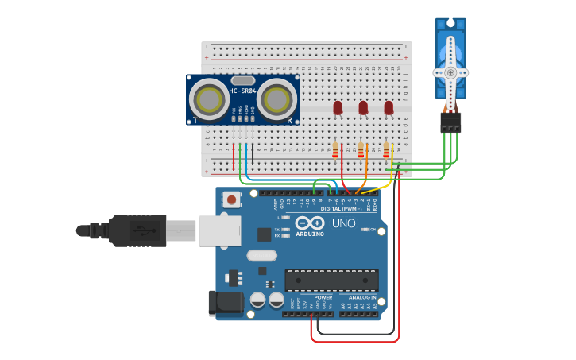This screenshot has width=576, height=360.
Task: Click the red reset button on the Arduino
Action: click(x=231, y=199)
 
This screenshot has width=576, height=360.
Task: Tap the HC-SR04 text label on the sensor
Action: click(x=242, y=91)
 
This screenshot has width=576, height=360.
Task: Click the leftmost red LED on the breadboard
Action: click(x=338, y=106)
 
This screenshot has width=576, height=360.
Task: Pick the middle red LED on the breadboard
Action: click(x=363, y=106)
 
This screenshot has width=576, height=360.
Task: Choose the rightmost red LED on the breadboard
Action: click(x=389, y=106)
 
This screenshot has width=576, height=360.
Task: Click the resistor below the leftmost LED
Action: click(x=335, y=150)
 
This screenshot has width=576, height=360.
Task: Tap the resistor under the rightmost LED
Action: click(x=386, y=150)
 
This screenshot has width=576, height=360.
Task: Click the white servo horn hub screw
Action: click(x=450, y=72)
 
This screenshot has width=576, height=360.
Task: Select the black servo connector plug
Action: click(x=450, y=121)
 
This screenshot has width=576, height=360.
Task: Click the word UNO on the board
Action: click(x=343, y=223)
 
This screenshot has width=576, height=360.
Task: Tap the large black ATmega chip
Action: click(x=331, y=280)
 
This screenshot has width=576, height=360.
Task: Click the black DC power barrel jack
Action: click(x=225, y=303)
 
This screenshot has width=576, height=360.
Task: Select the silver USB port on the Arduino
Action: click(x=219, y=230)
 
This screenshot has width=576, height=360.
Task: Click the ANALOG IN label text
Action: click(x=362, y=297)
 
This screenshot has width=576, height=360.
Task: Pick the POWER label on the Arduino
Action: click(x=323, y=297)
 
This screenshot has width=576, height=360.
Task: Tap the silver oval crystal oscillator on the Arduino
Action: click(x=261, y=255)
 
